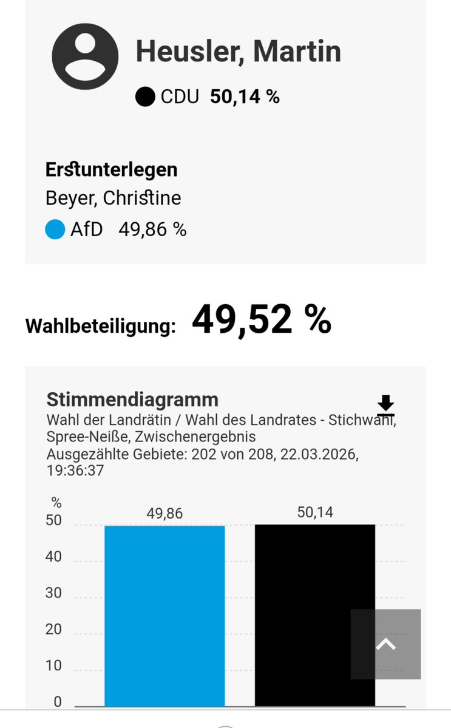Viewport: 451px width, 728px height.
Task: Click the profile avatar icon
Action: click(x=85, y=57)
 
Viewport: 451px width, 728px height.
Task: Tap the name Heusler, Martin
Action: click(x=238, y=51)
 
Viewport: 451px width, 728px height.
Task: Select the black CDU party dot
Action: click(x=145, y=97)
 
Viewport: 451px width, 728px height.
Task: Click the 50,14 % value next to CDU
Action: click(x=245, y=97)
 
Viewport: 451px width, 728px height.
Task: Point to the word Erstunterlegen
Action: click(x=111, y=170)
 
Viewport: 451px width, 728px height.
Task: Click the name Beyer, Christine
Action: click(x=113, y=199)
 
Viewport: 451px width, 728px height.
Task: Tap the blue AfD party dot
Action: click(x=55, y=230)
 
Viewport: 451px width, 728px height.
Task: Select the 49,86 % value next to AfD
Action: click(x=152, y=230)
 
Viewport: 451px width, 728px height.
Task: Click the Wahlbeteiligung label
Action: click(x=100, y=326)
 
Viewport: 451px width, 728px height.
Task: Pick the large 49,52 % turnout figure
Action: click(x=261, y=319)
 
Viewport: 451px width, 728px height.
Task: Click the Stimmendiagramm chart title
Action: click(x=132, y=400)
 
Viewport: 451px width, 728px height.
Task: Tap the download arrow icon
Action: click(x=385, y=404)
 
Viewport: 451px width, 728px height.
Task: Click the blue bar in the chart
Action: click(x=164, y=613)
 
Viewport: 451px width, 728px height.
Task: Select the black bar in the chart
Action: click(x=314, y=613)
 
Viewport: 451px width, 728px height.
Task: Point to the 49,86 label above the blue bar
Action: click(x=164, y=514)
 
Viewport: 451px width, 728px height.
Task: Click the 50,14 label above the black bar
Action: click(x=315, y=512)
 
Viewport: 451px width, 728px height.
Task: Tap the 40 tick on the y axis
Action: click(x=53, y=556)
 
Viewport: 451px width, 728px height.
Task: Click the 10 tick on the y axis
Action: click(x=53, y=665)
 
